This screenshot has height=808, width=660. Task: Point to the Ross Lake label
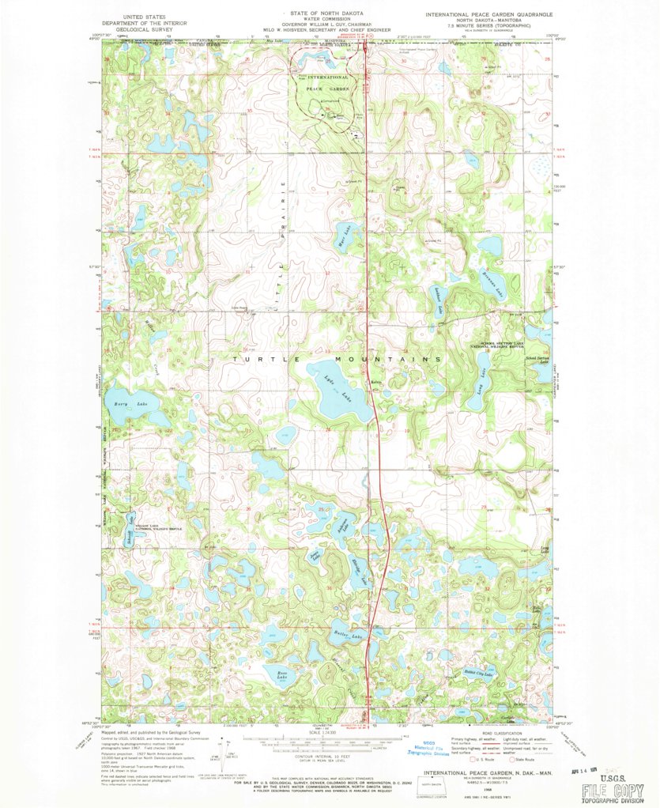click(283, 675)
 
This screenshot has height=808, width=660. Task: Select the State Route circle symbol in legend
click(513, 761)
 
